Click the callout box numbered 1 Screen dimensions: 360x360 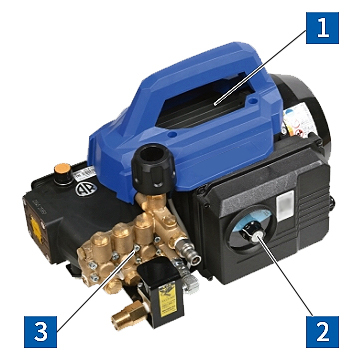[322, 28]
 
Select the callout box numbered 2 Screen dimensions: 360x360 [322, 332]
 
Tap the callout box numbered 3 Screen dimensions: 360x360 [41, 332]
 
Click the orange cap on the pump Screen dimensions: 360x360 [63, 168]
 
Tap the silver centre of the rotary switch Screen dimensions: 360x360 [257, 237]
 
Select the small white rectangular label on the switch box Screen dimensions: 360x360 [285, 205]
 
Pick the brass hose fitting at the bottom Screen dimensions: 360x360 [128, 315]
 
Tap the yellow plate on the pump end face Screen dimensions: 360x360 [36, 229]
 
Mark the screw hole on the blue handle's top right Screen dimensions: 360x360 [254, 100]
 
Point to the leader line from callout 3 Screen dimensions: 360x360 [96, 290]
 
